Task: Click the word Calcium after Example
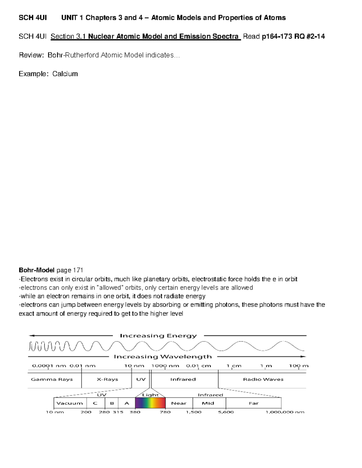tap(65, 74)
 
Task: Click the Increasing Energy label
tap(158, 336)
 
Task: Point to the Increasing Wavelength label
tap(163, 357)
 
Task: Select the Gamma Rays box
tap(52, 379)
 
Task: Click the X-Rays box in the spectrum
tap(107, 379)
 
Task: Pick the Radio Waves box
tap(263, 379)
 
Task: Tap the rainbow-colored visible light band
tap(150, 403)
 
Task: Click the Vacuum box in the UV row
tap(70, 403)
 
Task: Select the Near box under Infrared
tap(179, 403)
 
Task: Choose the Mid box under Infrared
tap(208, 403)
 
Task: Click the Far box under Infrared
tap(253, 403)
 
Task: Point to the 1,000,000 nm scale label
tap(285, 412)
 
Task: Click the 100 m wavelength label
tap(299, 366)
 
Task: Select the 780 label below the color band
tap(165, 412)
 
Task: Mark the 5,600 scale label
tap(226, 412)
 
